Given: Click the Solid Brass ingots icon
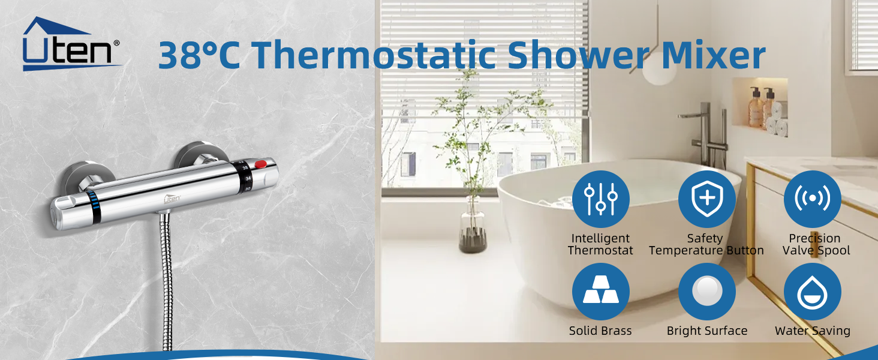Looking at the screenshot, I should coord(600,292).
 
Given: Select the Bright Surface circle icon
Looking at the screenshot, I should coord(706,292).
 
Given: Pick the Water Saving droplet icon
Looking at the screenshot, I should coord(813,292).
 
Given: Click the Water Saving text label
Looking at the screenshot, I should coord(813,331).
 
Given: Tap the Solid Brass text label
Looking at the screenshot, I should coord(600,331).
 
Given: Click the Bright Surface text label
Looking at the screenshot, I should coord(706,331).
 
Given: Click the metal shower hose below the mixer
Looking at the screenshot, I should coord(164,282).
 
